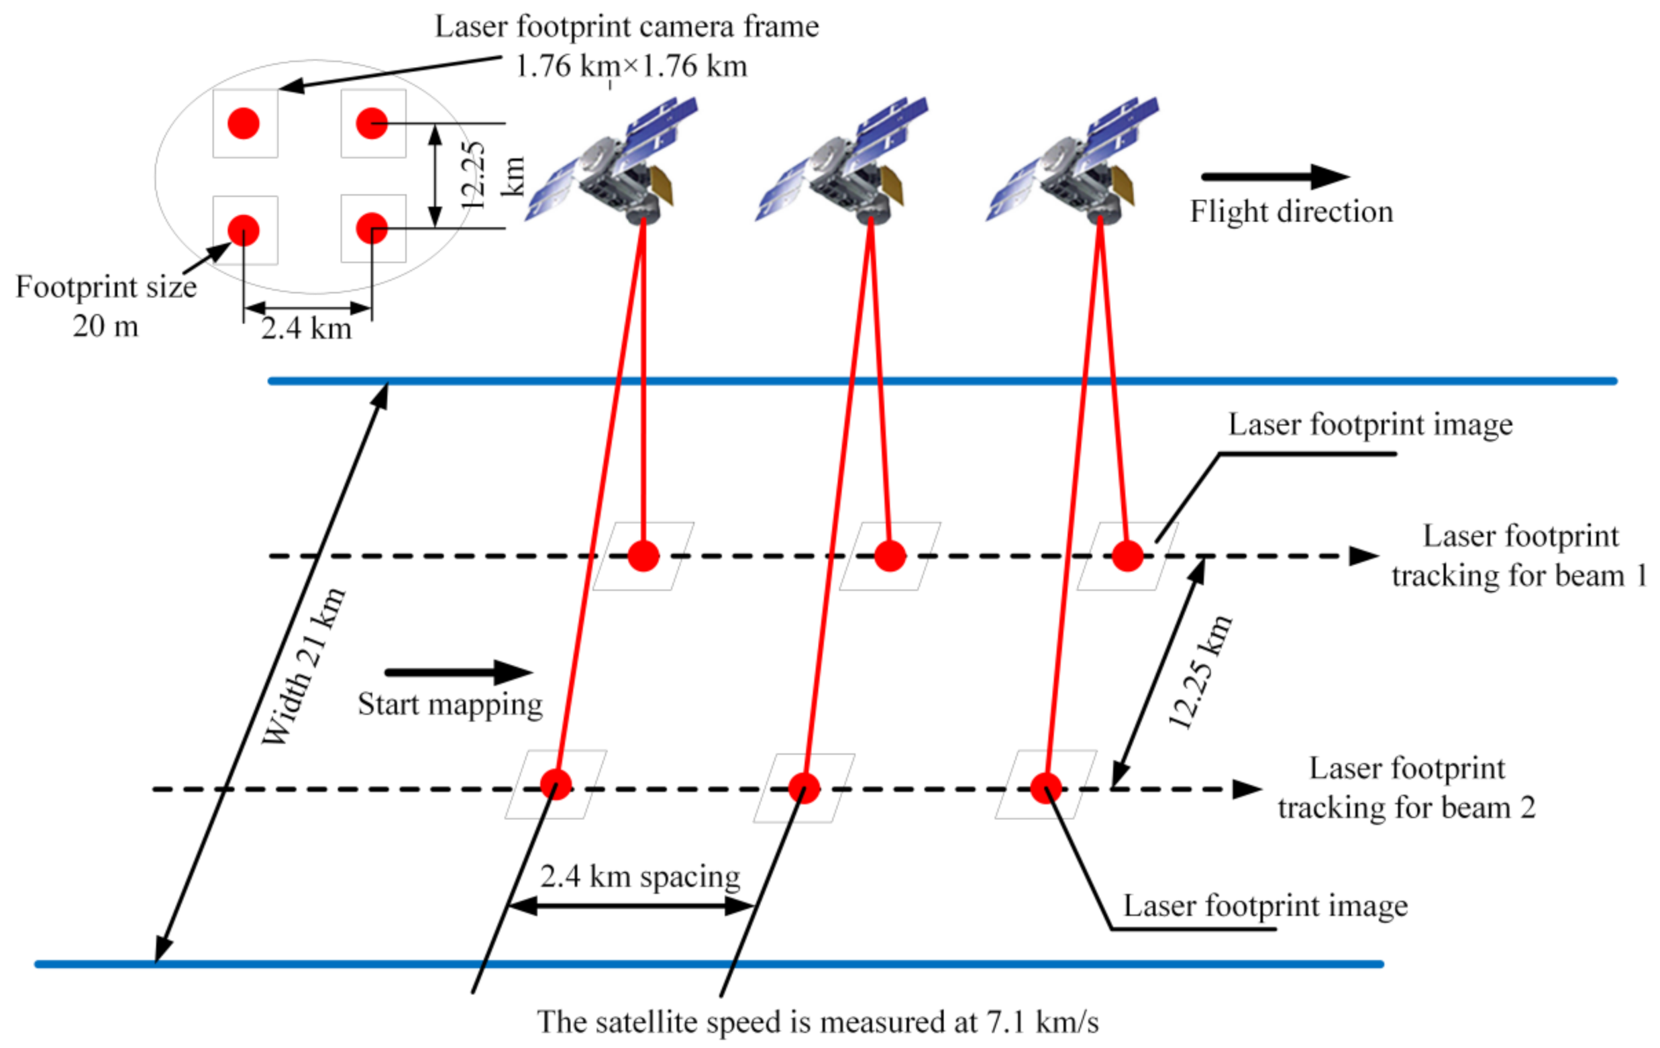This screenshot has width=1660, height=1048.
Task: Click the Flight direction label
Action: [1291, 211]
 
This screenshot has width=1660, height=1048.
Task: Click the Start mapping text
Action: [450, 704]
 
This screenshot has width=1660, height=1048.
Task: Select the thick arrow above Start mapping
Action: [458, 672]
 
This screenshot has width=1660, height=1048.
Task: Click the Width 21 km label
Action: [303, 668]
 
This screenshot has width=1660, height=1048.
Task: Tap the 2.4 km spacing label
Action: [639, 876]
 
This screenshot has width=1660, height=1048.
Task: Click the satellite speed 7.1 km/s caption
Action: [818, 1022]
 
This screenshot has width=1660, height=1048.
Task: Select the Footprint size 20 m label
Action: [105, 306]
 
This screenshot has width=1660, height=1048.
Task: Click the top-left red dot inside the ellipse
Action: [244, 123]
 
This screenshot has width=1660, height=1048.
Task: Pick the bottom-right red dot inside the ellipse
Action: [372, 228]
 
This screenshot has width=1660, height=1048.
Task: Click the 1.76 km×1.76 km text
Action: [631, 66]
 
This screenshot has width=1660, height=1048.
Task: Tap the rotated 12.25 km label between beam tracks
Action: [1200, 672]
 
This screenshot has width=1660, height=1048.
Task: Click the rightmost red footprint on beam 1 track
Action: [1128, 556]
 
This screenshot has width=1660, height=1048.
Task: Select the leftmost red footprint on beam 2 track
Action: [556, 784]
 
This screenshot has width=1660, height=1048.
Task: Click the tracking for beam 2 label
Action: [1406, 788]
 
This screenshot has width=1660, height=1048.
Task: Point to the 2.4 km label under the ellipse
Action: [306, 328]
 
